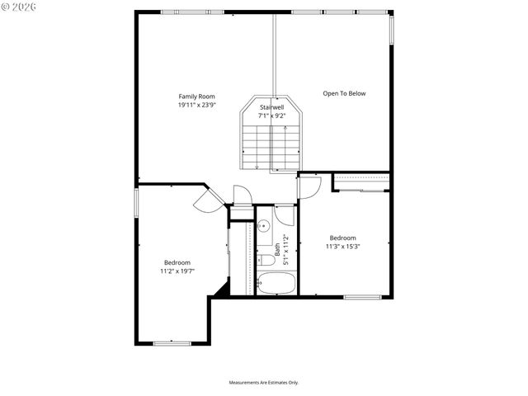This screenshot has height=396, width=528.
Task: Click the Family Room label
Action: [x=196, y=97]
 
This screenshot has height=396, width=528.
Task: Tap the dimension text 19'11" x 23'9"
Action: [x=196, y=105]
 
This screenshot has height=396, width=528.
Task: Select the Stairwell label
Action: [x=272, y=107]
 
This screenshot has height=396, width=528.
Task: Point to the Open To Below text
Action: [x=344, y=93]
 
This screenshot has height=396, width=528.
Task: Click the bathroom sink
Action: [x=262, y=225]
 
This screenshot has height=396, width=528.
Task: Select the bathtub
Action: [x=276, y=285]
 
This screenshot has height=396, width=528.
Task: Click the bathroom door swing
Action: [x=285, y=216]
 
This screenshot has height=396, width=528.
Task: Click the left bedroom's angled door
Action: [x=206, y=198]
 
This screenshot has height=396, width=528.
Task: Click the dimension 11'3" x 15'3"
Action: [x=342, y=246]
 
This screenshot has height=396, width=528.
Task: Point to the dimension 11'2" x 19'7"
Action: [x=177, y=271]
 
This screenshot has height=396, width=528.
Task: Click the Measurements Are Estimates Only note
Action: [x=264, y=382]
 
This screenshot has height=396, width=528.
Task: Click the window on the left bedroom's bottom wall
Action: [x=172, y=342]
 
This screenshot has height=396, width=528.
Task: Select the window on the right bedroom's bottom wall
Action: [x=361, y=297]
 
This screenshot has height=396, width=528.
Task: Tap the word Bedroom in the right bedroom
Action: [x=342, y=238]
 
